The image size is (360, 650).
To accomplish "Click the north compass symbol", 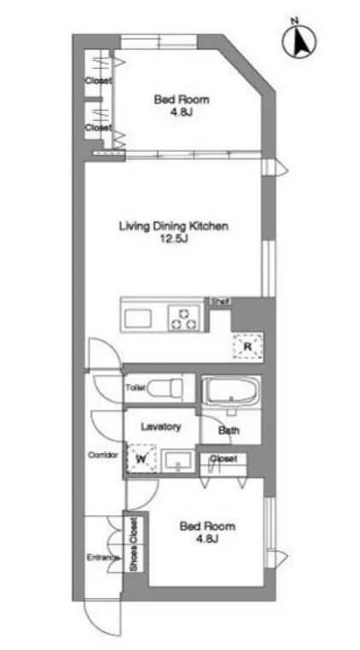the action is pyautogui.click(x=299, y=41).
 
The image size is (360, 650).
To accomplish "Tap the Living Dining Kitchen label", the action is pyautogui.click(x=174, y=226).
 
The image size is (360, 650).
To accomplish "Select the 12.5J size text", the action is pyautogui.click(x=174, y=240).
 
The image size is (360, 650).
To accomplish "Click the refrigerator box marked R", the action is pyautogui.click(x=247, y=345).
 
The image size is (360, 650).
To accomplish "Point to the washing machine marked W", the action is pyautogui.click(x=142, y=458).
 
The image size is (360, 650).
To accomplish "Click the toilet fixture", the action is pyautogui.click(x=165, y=388).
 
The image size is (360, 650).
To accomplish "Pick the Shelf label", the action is pyautogui.click(x=219, y=302).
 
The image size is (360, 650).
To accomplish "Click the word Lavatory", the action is pyautogui.click(x=160, y=427).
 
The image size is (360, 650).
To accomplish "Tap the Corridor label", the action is pyautogui.click(x=103, y=455).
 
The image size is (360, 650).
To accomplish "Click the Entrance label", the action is pyautogui.click(x=103, y=558).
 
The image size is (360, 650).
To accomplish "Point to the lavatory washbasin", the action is pyautogui.click(x=177, y=461).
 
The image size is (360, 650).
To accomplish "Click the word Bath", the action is pyautogui.click(x=229, y=430).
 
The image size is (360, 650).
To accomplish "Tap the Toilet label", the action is pyautogui.click(x=136, y=388).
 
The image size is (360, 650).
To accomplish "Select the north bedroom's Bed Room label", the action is pyautogui.click(x=182, y=100).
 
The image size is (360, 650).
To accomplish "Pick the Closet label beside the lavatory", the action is pyautogui.click(x=224, y=459).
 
